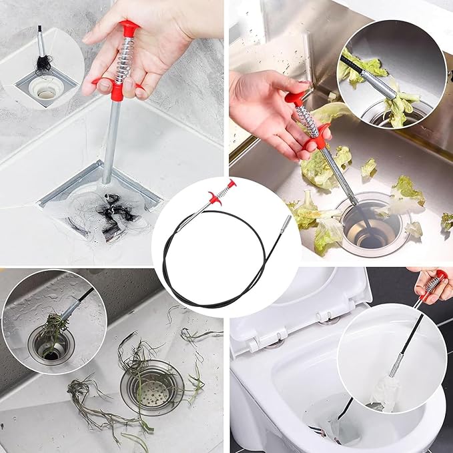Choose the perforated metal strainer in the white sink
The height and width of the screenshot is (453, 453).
click(152, 386)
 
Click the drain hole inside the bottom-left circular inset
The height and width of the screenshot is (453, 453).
click(51, 346)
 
